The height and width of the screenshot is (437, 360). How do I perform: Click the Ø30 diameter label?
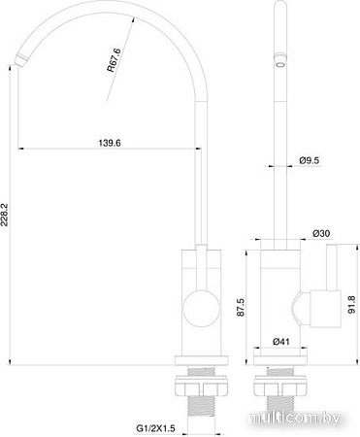(x=322, y=234)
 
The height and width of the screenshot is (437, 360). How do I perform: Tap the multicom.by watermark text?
(x=303, y=417)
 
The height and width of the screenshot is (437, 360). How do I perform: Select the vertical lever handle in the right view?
(x=329, y=282)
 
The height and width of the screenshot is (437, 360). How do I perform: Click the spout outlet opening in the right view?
(x=281, y=63)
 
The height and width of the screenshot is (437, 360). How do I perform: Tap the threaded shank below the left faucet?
(x=202, y=397)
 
